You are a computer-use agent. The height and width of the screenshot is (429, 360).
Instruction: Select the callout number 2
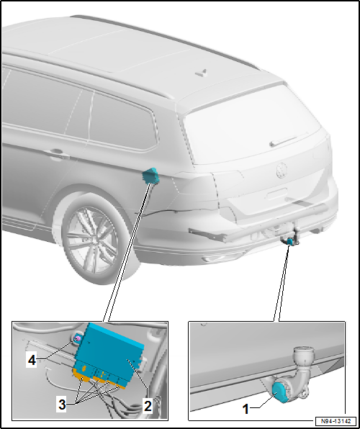[x=147, y=405]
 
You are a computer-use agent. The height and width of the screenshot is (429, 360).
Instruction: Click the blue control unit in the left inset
[x=112, y=351]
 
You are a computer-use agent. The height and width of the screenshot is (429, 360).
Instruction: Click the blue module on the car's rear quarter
[x=152, y=174]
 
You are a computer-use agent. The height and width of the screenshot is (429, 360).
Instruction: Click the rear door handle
[x=54, y=153]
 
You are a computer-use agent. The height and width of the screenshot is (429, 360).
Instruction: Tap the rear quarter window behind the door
[x=121, y=122]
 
